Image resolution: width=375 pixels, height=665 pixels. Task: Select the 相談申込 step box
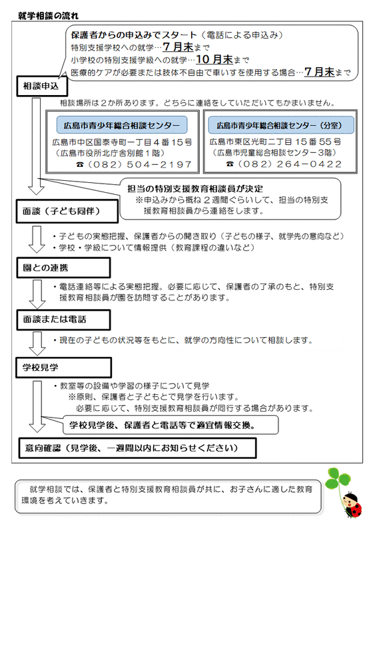point(41,86)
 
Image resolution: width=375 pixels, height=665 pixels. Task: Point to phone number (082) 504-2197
point(141,164)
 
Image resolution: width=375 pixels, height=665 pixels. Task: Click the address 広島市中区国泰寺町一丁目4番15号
point(122,142)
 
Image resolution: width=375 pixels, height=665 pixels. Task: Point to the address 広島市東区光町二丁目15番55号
point(276,142)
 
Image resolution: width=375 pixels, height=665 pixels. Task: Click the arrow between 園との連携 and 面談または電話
point(37,293)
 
